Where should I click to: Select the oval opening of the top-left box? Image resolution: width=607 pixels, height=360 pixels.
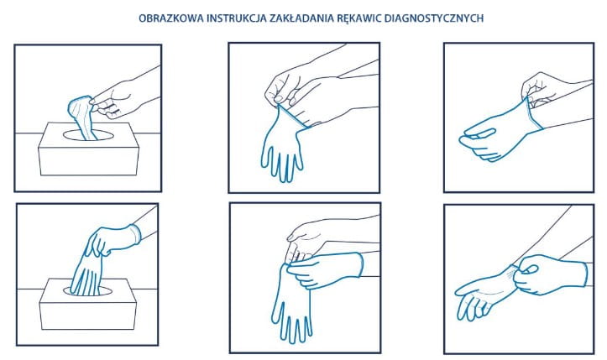[89, 135]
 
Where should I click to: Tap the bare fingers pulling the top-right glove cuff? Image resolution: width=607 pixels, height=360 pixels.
[536, 90]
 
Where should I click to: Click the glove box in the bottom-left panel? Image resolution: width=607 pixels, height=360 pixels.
[88, 305]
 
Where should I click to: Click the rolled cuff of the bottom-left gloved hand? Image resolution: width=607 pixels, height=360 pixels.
[135, 234]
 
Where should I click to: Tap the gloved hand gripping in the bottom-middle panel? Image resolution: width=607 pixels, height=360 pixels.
[325, 270]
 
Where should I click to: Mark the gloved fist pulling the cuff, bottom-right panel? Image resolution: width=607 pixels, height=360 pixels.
[550, 274]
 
